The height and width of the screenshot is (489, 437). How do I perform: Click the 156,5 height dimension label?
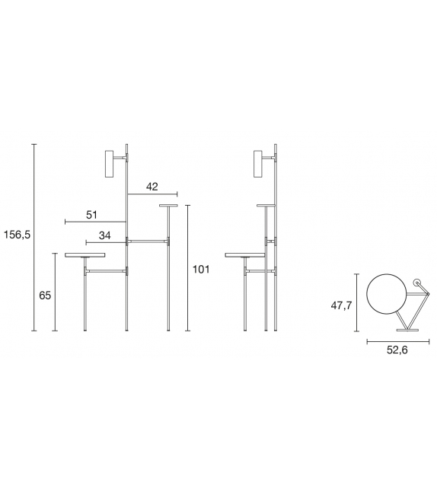tap(18, 235)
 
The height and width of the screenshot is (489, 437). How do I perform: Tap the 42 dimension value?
tap(152, 187)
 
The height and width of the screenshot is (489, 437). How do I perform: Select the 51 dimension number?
tap(91, 215)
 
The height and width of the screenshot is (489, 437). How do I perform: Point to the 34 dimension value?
tap(105, 235)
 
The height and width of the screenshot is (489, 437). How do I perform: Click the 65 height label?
tap(45, 295)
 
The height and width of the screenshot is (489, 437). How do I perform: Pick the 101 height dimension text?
tap(201, 269)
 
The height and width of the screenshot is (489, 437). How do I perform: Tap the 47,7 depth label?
tap(341, 305)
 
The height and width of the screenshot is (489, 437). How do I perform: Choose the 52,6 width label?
tap(397, 350)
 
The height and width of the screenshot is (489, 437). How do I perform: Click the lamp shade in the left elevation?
tap(110, 164)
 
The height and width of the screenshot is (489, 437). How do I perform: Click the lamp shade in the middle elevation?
tap(258, 164)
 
